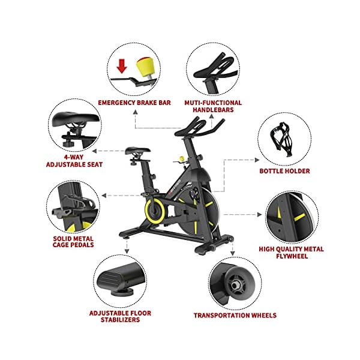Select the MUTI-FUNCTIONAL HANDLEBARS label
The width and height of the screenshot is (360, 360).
[213, 106]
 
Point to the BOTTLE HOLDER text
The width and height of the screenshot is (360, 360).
[284, 171]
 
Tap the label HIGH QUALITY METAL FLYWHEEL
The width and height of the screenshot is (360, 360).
[292, 253]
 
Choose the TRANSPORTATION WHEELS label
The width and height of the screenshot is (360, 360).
[235, 315]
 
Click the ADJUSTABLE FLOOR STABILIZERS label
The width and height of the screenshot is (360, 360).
[120, 317]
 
